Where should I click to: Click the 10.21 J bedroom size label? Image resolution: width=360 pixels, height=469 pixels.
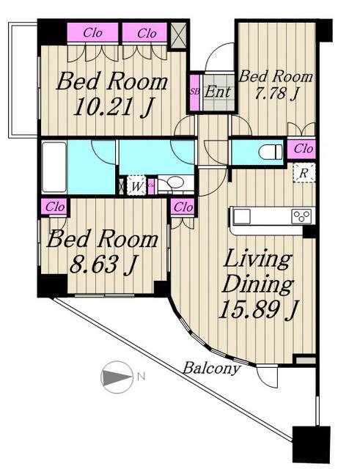coord(113,107)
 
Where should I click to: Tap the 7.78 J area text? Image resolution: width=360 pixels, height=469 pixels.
coord(276,93)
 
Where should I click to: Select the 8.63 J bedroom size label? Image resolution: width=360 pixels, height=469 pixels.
coord(103,265)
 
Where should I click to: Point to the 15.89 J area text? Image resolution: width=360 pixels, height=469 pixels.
coord(259,309)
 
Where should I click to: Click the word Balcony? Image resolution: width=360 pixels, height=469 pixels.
coord(211,368)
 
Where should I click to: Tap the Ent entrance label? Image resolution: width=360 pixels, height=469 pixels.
coord(218,92)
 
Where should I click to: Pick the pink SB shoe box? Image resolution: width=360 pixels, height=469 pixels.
coord(195,92)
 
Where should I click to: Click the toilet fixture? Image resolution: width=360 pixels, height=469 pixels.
coord(271,152)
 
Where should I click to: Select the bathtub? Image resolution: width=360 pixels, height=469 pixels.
coord(54,168)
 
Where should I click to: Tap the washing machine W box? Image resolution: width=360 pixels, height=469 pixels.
coord(136,186)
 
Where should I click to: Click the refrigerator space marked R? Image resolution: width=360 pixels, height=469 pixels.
coord(304,173)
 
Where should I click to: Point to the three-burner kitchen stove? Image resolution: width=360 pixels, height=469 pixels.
coord(301,217)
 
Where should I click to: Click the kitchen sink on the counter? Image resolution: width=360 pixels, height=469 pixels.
coord(242,216)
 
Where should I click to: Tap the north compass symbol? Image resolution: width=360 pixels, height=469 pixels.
coord(117,377)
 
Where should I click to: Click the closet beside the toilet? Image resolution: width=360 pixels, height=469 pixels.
coord(301,149)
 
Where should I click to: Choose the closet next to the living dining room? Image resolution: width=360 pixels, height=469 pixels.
coord(183,207)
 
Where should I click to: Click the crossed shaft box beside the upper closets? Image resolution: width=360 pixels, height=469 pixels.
coord(178,36)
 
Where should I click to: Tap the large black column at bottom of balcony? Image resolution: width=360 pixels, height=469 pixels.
coord(311,445)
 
